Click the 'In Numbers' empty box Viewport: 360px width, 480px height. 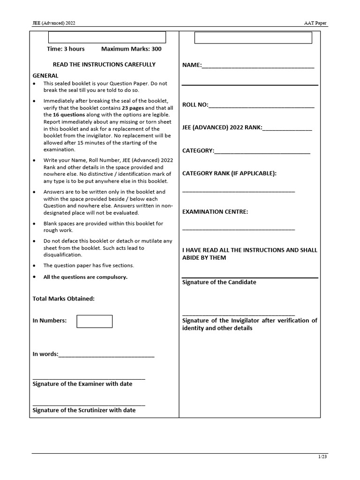[x=94, y=321]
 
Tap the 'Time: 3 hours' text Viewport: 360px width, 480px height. [x=66, y=49]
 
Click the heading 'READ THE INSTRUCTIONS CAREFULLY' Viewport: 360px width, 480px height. [x=104, y=64]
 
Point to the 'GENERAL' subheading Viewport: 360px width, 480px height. [x=45, y=75]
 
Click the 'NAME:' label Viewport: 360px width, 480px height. [x=192, y=65]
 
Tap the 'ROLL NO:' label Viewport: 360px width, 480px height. [x=195, y=105]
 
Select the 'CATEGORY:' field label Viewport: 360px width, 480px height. [x=198, y=150]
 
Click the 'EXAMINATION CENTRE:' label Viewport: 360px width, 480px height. [x=215, y=211]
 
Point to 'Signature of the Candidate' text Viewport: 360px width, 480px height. [x=219, y=282]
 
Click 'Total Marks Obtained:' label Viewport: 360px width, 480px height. [x=63, y=298]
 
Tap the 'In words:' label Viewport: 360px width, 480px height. [x=45, y=354]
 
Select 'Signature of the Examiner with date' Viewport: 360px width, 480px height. [x=82, y=384]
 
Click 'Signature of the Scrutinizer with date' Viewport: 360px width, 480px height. [x=84, y=410]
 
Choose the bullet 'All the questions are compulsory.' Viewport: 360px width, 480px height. [x=85, y=277]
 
